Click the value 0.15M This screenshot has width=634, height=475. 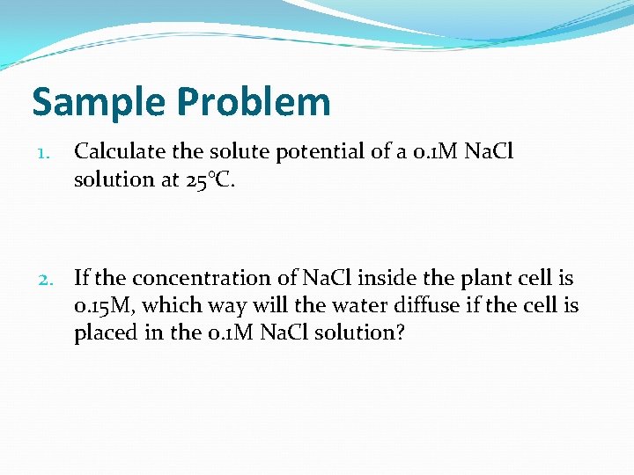(103, 306)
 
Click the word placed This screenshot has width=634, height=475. (103, 333)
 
